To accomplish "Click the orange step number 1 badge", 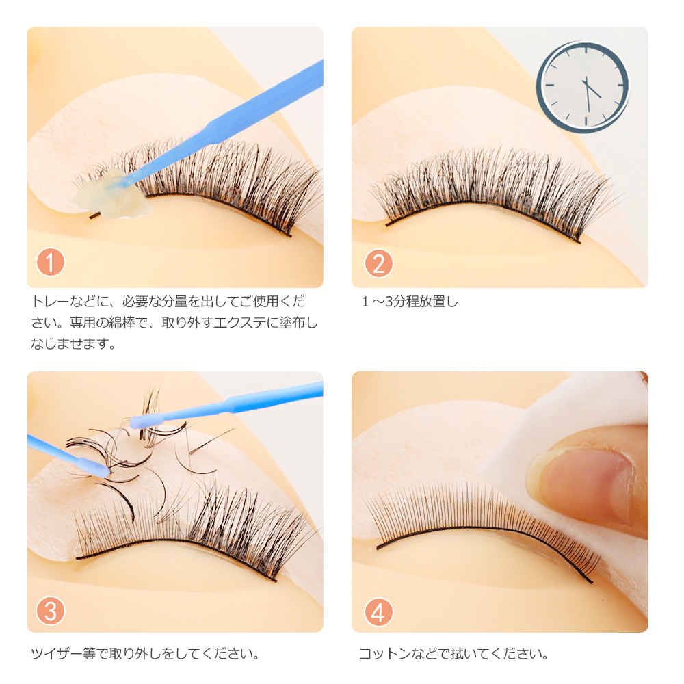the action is point(50,262).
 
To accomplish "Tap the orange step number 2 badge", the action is point(379,263).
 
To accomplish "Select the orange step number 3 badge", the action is point(50,611).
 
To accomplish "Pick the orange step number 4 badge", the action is point(379,611).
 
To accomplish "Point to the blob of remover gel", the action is point(113,195).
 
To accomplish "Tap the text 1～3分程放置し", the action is point(410,302).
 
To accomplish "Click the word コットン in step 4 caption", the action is point(384,653).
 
